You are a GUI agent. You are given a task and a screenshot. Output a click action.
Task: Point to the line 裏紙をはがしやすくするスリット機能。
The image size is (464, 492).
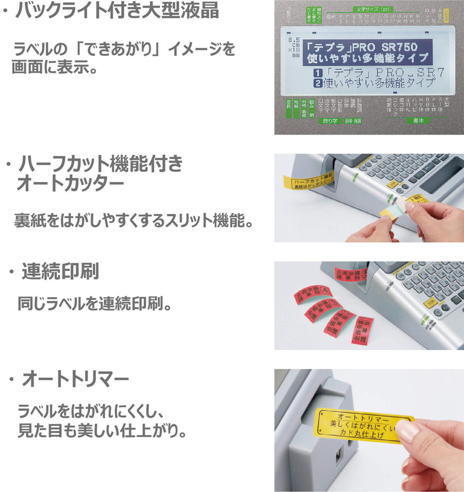tap(133, 221)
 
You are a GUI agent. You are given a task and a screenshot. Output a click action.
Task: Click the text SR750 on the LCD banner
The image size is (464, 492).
tap(407, 46)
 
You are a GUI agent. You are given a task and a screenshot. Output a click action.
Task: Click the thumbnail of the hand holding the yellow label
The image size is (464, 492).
tap(369, 430)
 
